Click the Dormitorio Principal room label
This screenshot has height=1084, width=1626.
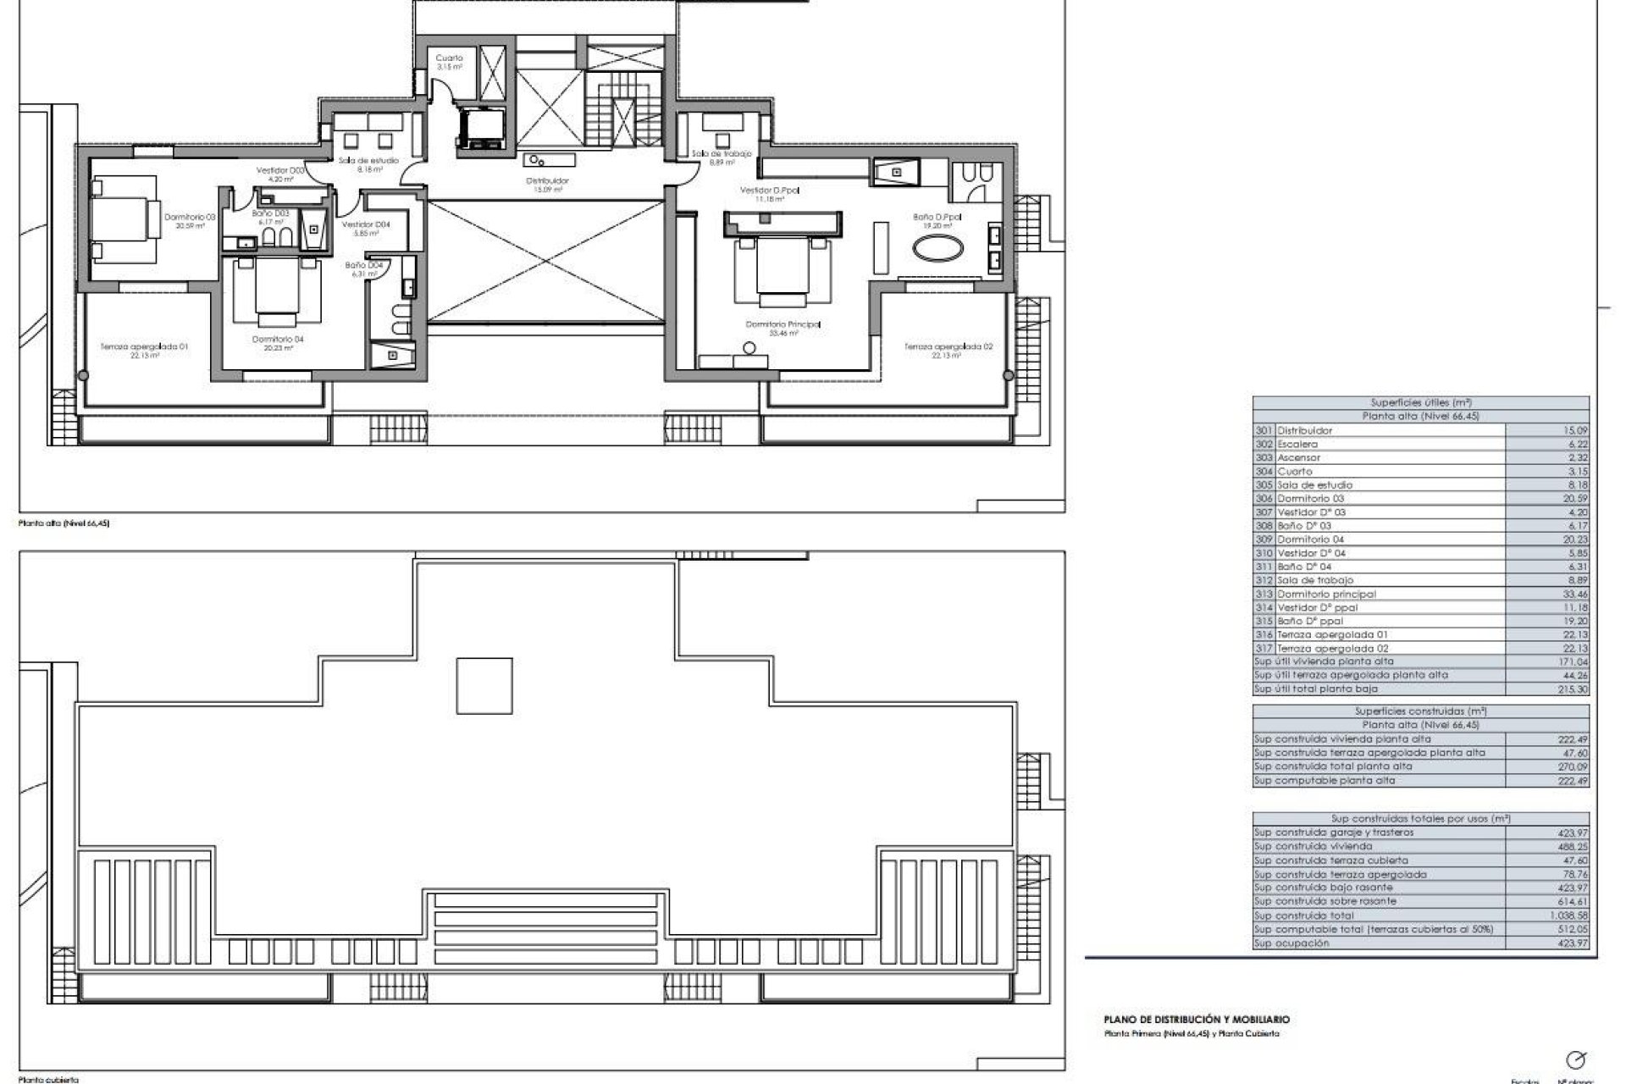pos(783,324)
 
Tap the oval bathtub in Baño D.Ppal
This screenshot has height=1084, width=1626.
pos(936,251)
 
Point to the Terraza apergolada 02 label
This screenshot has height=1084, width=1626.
pos(948,346)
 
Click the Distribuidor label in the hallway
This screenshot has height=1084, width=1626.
pos(547,180)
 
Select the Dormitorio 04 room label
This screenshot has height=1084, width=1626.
pos(278,340)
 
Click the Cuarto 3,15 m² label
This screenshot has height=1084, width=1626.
pos(449,58)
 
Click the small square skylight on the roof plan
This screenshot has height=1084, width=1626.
pos(484,686)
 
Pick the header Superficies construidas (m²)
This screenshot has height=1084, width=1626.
pos(1420,711)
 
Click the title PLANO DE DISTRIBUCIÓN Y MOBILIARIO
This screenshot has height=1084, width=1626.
pos(1197,1020)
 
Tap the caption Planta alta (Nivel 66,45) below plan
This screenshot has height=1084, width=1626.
pos(64,524)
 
